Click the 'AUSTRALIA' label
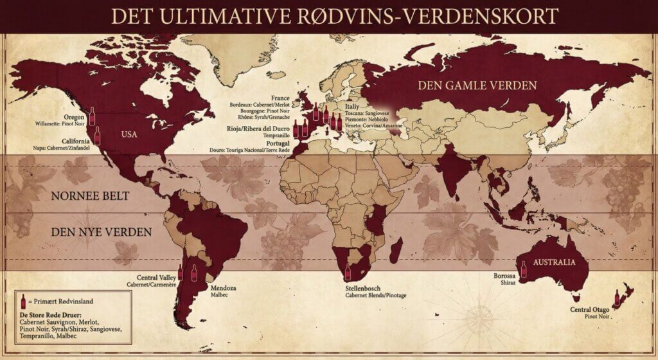tap(556, 264)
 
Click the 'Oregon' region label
tap(75, 117)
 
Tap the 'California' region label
tap(75, 141)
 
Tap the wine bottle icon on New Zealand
tap(617, 298)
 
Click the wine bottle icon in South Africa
tap(348, 272)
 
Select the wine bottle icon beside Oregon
tap(91, 116)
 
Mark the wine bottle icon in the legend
tap(24, 301)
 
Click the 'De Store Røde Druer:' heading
tap(48, 316)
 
